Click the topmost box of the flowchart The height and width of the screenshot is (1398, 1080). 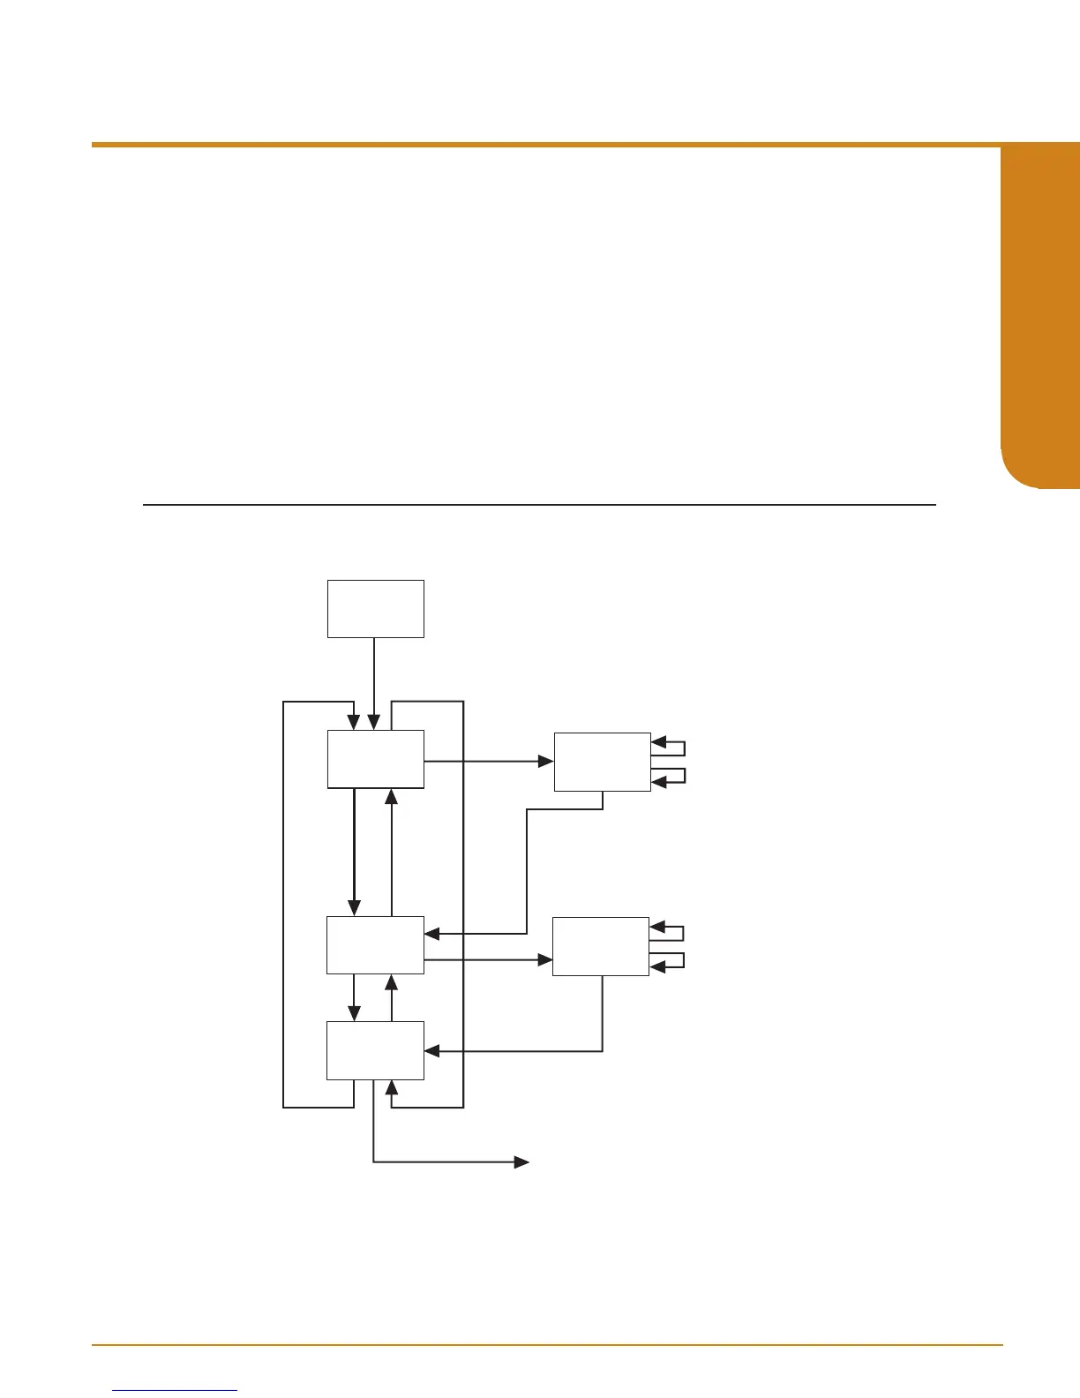click(x=375, y=608)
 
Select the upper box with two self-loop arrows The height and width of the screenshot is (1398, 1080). click(x=602, y=762)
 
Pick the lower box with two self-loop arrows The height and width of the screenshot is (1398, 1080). click(x=600, y=946)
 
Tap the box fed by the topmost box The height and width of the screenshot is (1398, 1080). click(x=375, y=759)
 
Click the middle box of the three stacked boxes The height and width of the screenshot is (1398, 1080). click(x=375, y=945)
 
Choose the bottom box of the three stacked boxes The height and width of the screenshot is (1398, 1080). click(x=375, y=1050)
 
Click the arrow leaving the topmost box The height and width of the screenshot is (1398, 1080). click(x=374, y=680)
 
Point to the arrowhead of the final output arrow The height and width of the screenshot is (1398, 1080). click(x=522, y=1162)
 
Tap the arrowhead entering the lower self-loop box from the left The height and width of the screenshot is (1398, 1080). click(x=545, y=959)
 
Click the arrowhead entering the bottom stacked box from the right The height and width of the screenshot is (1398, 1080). click(x=431, y=1051)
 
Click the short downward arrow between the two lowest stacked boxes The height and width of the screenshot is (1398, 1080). click(x=354, y=997)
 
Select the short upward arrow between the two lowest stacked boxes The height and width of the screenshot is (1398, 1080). click(x=392, y=997)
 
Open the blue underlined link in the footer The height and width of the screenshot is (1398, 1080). click(x=176, y=1390)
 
